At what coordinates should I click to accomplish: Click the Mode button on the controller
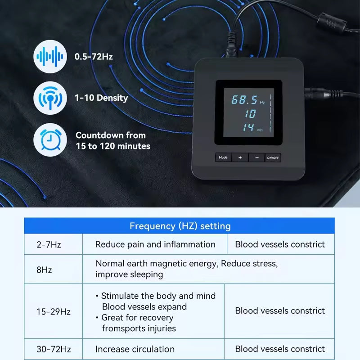pyautogui.click(x=223, y=157)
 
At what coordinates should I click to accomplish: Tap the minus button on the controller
pyautogui.click(x=256, y=157)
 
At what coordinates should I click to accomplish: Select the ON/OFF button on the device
pyautogui.click(x=273, y=157)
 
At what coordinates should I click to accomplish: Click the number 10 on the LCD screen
pyautogui.click(x=250, y=113)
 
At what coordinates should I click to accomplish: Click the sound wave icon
pyautogui.click(x=50, y=57)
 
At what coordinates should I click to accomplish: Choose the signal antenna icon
pyautogui.click(x=50, y=98)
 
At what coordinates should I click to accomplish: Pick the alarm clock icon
pyautogui.click(x=50, y=139)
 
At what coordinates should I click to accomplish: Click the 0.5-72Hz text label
pyautogui.click(x=94, y=57)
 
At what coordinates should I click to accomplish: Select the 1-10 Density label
pyautogui.click(x=101, y=98)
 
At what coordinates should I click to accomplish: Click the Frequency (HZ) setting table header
pyautogui.click(x=180, y=226)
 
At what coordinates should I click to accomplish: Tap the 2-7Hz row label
pyautogui.click(x=49, y=245)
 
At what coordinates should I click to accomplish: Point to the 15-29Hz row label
pyautogui.click(x=54, y=311)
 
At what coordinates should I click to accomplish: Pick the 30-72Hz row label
pyautogui.click(x=54, y=349)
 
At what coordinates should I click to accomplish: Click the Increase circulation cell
pyautogui.click(x=135, y=349)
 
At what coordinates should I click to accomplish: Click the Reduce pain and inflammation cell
pyautogui.click(x=155, y=245)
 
